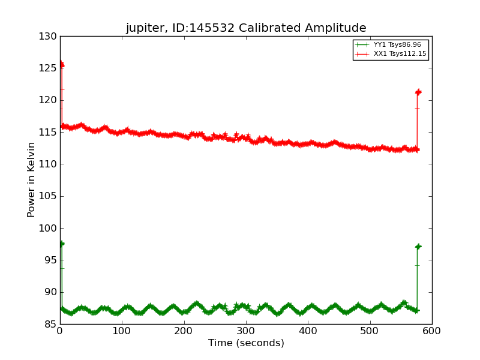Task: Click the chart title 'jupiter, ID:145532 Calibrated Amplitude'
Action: point(245,28)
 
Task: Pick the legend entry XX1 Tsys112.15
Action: point(400,54)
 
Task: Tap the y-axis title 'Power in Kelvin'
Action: point(31,180)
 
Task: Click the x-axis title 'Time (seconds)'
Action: point(246,343)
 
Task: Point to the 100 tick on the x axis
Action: point(122,331)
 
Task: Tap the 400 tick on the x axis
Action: point(246,331)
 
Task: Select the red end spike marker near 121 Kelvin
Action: point(418,92)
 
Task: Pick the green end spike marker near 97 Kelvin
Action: point(418,247)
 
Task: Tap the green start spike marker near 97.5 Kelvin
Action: point(61,244)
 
